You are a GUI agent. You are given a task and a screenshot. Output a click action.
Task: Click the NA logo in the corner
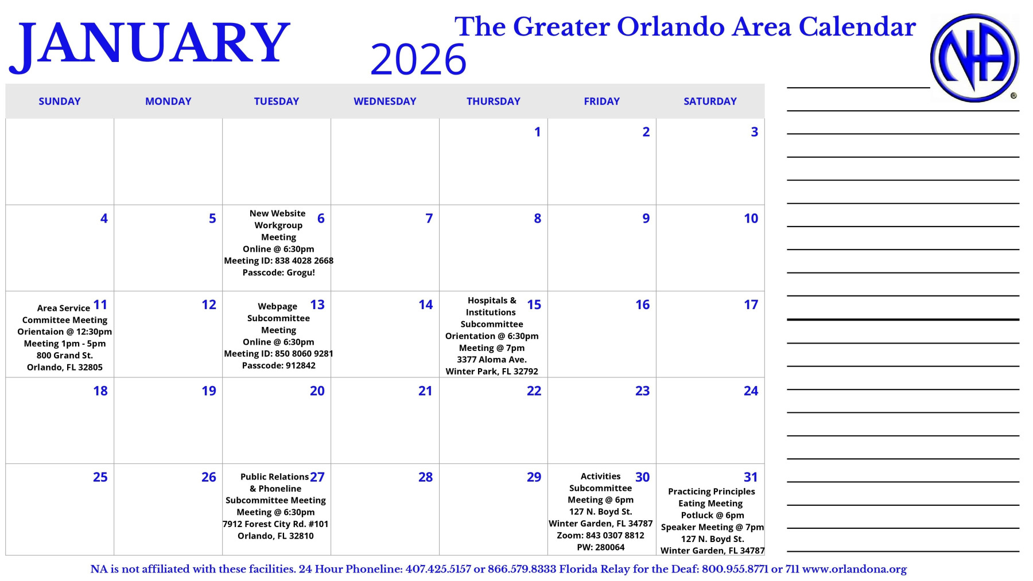point(974,58)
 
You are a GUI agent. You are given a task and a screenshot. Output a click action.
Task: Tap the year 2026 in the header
point(418,60)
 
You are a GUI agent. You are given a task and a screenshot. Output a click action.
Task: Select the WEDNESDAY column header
point(385,102)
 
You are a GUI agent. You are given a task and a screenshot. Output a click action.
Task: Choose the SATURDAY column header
point(710,102)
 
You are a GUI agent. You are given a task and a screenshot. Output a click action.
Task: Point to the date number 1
point(538,132)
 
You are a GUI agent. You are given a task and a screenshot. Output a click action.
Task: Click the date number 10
point(751,219)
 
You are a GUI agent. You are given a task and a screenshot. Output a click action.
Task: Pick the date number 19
point(209,391)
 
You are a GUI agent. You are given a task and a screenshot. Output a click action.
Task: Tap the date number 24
point(751,391)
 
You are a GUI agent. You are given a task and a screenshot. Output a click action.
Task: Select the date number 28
point(425,477)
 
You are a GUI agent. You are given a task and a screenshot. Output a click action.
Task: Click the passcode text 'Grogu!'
point(301,272)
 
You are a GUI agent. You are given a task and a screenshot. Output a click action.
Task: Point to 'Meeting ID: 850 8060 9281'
point(278,354)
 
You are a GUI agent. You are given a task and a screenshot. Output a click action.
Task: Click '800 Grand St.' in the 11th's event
point(64,356)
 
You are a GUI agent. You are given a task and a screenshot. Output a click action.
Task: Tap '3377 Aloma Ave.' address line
point(492,360)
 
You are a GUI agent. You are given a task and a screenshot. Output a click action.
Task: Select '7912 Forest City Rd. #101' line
point(275,524)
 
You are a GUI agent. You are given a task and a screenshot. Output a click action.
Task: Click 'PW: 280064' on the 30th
point(601,547)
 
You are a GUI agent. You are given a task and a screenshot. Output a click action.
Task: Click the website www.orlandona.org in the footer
point(854,570)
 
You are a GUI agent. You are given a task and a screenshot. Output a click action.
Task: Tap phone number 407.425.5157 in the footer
point(438,570)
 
